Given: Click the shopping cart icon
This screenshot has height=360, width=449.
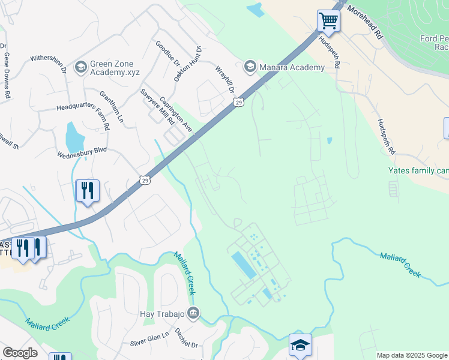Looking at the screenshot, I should (x=328, y=21).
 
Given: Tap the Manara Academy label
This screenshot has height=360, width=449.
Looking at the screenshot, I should (x=292, y=67).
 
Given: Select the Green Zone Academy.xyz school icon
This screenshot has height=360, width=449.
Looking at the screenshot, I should (x=80, y=67).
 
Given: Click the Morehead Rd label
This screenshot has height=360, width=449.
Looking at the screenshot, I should (x=364, y=23).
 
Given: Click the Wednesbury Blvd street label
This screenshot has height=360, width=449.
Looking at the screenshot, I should (x=82, y=153).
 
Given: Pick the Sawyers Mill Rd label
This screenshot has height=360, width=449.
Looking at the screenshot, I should (x=157, y=107).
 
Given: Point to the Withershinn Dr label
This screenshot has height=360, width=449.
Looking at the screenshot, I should (x=49, y=61).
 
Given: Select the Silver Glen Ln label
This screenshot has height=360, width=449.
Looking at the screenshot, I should (x=150, y=338).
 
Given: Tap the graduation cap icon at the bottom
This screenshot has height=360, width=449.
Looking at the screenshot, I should (x=300, y=345).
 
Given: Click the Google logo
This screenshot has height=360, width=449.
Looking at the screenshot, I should (x=20, y=353).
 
